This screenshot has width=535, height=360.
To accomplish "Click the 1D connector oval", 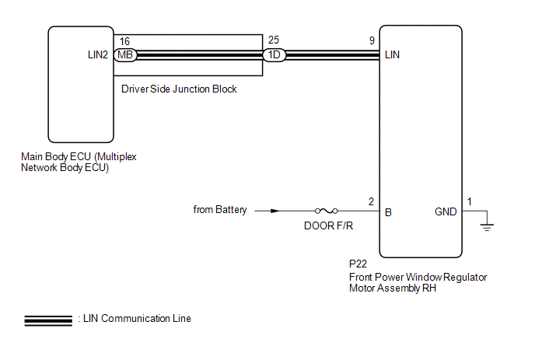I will (x=274, y=55).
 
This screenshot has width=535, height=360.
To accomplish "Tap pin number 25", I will (x=272, y=39).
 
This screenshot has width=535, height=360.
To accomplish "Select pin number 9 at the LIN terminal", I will (x=373, y=39).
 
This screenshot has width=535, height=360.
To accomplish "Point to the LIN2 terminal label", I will (x=100, y=55).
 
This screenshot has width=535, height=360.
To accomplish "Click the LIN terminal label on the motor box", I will (x=393, y=55).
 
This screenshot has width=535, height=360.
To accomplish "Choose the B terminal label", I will (x=388, y=211).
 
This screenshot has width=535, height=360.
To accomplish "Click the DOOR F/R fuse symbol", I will (x=325, y=211).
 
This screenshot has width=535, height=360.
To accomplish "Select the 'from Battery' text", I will (x=220, y=210).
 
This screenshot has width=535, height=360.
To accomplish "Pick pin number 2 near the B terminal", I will (x=371, y=201).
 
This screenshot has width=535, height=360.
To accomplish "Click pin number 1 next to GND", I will (x=469, y=201).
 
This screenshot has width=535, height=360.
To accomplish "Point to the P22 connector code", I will (x=358, y=264).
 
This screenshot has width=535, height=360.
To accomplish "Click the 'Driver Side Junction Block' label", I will (x=179, y=89).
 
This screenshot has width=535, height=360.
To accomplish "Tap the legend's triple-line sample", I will (x=48, y=319).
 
